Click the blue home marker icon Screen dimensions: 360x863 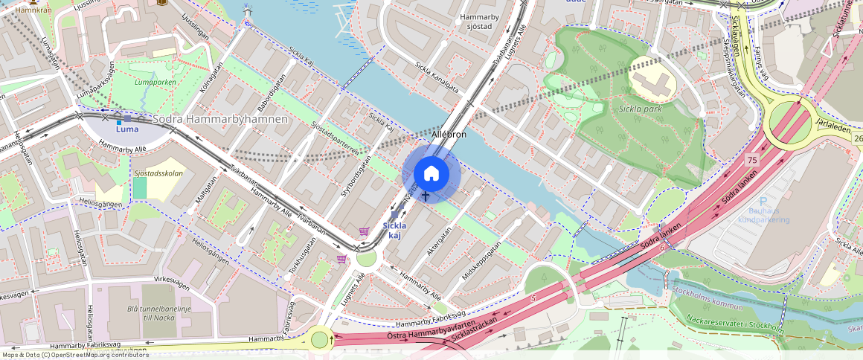tap(431, 174)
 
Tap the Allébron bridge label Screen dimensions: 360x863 tap(449, 135)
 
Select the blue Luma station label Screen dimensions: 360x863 tap(126, 129)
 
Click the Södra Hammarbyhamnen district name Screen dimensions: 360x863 tap(219, 119)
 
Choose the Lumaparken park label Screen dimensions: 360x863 tap(155, 83)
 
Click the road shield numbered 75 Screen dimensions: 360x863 tap(752, 160)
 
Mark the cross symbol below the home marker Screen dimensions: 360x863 tap(426, 196)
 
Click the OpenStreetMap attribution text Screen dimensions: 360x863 tap(74, 355)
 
